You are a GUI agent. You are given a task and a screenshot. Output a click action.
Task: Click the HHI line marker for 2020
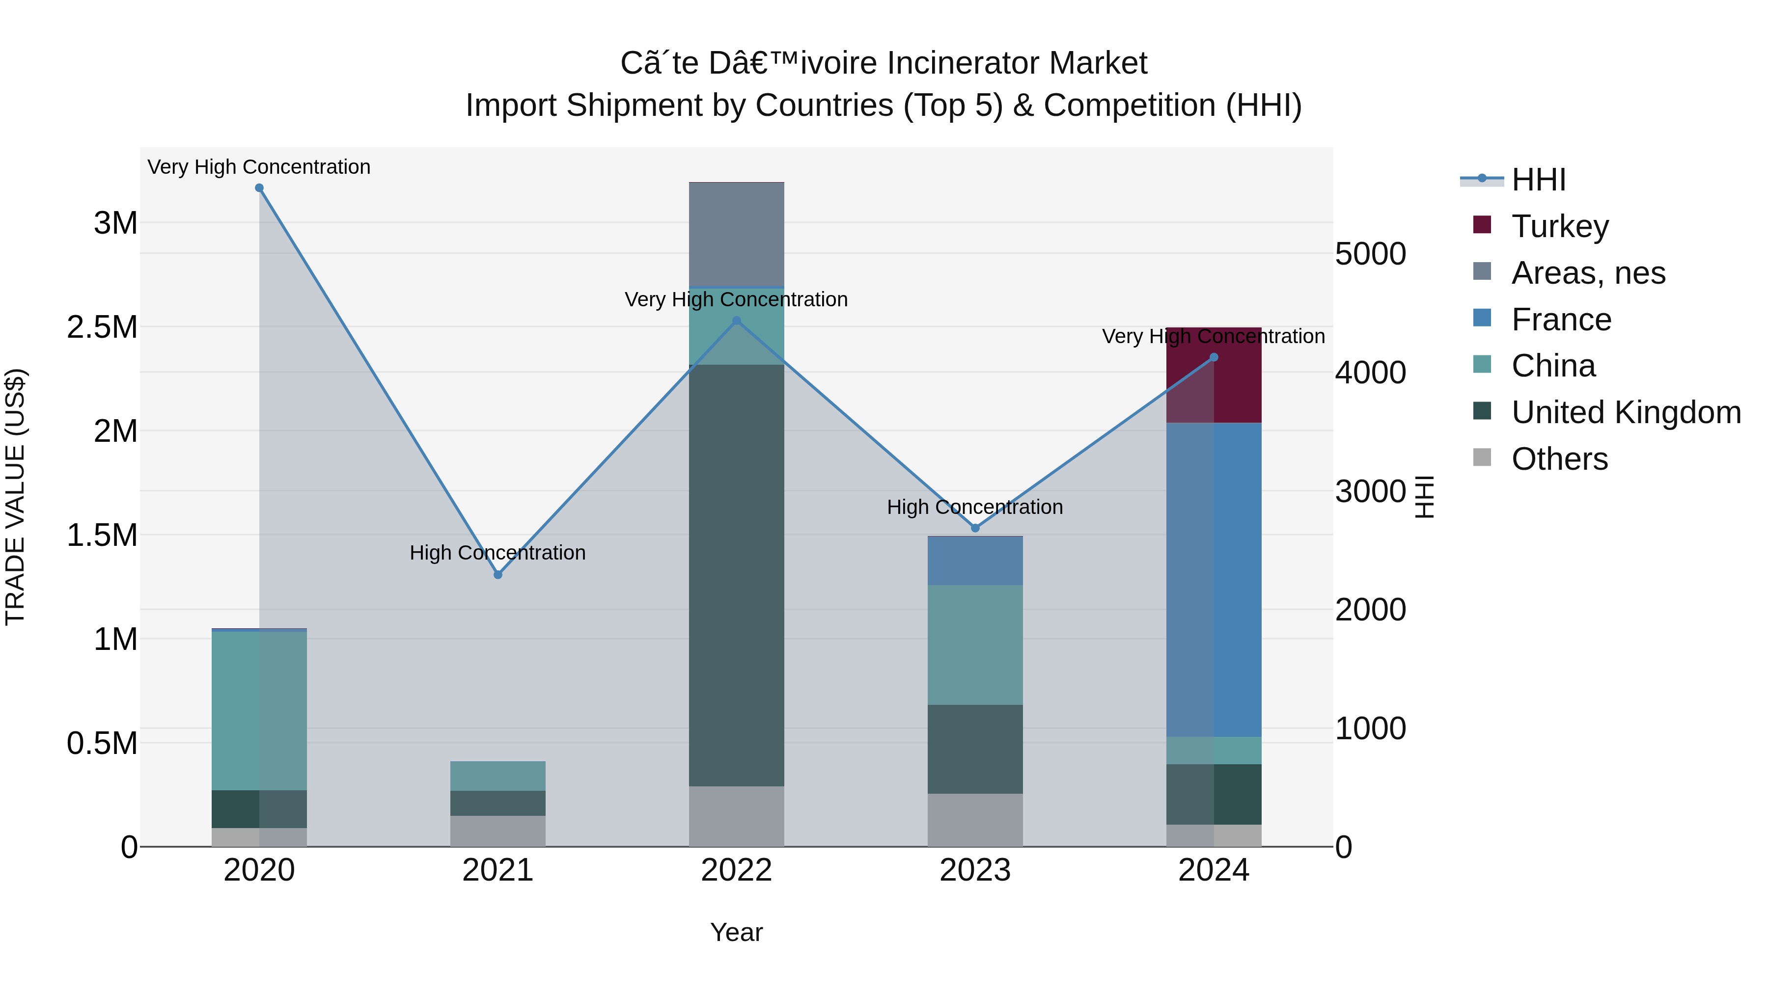259,188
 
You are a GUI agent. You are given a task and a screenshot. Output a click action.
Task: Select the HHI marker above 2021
498,575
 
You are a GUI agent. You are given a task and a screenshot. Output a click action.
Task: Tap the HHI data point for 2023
975,528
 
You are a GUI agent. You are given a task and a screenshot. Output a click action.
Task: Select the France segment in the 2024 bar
1214,580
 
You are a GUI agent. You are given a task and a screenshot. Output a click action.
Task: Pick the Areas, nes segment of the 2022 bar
737,235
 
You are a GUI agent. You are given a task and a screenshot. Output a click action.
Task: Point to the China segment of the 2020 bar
259,710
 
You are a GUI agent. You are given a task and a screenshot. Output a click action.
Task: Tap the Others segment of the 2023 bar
975,820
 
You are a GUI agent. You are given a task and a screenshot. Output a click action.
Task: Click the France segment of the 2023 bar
975,561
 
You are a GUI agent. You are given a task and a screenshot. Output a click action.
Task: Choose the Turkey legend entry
1559,226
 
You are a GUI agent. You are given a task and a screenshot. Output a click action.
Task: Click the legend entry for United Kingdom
1625,412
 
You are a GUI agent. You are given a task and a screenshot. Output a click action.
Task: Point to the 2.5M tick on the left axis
102,327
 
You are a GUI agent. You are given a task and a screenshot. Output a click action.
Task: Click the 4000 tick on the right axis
1370,373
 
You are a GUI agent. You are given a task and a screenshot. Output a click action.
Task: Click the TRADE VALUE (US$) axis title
15,497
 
